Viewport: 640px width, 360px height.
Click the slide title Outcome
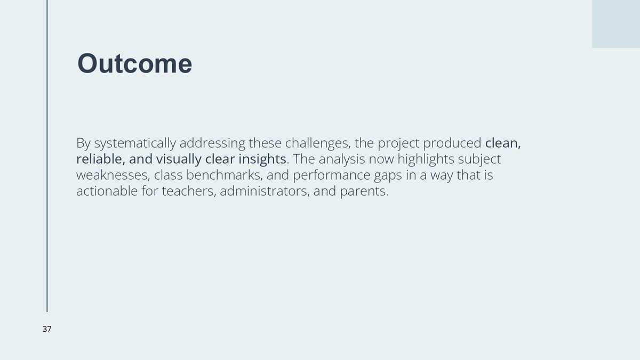pyautogui.click(x=134, y=63)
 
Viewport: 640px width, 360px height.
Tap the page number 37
pyautogui.click(x=47, y=329)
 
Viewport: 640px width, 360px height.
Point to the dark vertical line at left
pyautogui.click(x=47, y=156)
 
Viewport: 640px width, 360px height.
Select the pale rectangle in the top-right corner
pyautogui.click(x=615, y=23)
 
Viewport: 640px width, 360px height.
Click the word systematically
pyautogui.click(x=135, y=143)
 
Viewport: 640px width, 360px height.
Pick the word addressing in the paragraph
pyautogui.click(x=212, y=143)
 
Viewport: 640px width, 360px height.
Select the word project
pyautogui.click(x=398, y=143)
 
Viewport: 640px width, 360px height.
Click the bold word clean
pyautogui.click(x=503, y=143)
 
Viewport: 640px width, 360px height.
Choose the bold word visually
pyautogui.click(x=179, y=159)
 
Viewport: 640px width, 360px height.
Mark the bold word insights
pyautogui.click(x=262, y=159)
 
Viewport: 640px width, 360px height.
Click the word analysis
pyautogui.click(x=342, y=159)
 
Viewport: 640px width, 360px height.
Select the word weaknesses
pyautogui.click(x=113, y=175)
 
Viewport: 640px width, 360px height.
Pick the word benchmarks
pyautogui.click(x=225, y=175)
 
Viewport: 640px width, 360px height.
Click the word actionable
pyautogui.click(x=107, y=191)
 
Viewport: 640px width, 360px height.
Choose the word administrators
pyautogui.click(x=265, y=191)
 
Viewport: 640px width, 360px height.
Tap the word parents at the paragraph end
pyautogui.click(x=364, y=191)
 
